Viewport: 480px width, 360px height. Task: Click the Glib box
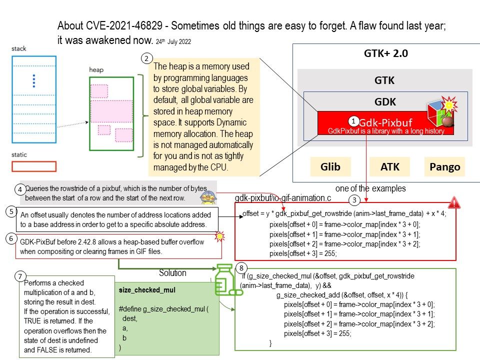[331, 167]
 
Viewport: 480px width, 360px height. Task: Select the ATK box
[389, 167]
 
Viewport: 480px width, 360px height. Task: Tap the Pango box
[444, 167]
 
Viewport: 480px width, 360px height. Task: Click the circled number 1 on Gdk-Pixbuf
[353, 121]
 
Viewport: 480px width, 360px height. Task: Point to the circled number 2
[146, 58]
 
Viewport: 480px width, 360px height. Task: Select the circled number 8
[242, 268]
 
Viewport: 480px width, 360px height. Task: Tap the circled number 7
[19, 276]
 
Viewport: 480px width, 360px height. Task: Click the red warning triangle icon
[454, 202]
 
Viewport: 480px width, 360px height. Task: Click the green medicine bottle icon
[225, 279]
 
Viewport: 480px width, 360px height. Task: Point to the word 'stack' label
[19, 49]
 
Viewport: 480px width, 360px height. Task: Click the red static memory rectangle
[34, 166]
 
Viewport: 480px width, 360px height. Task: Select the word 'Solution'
[172, 273]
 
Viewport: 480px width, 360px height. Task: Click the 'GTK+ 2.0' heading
[385, 53]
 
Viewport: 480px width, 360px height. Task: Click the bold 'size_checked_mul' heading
[140, 290]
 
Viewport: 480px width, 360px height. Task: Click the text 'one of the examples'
[370, 188]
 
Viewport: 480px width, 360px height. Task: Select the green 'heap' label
[96, 69]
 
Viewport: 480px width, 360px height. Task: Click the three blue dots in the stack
[34, 80]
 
